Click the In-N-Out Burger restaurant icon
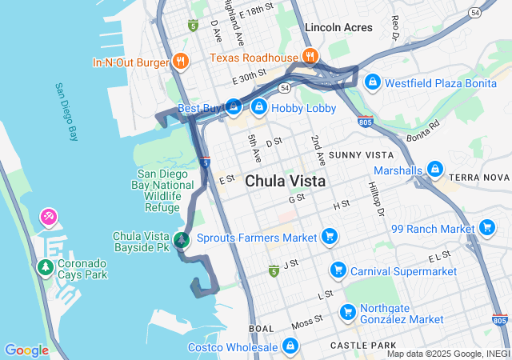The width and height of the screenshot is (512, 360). coord(181,62)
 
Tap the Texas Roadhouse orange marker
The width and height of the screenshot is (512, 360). coord(310,56)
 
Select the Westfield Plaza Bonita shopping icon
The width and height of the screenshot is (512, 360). coord(372,82)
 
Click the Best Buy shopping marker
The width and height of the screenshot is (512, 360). coord(233,106)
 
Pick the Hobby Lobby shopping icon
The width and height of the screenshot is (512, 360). coord(258,106)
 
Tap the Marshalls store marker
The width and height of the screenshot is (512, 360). coord(434,170)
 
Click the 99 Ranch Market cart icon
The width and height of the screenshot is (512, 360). coord(487,228)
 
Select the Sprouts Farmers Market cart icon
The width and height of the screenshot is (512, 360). coord(328,236)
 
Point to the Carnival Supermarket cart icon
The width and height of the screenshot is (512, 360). coord(338,270)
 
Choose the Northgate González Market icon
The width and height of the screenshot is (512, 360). coord(347,312)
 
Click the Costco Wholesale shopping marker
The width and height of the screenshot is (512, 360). coord(290,346)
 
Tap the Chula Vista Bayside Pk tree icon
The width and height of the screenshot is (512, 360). coord(182,239)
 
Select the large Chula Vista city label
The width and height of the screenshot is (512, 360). coord(285,181)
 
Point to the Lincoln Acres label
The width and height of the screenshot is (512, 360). coord(338,27)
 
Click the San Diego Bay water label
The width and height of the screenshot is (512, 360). coord(66,112)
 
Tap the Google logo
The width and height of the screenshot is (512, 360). coord(26,350)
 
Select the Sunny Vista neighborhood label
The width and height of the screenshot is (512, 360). coord(361,154)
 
